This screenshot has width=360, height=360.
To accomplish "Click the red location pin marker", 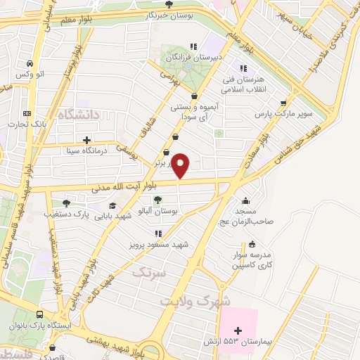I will pos(181,165).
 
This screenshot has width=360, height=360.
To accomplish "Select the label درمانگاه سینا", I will pos(85,150).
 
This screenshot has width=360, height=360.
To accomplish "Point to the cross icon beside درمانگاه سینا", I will pos(86,139).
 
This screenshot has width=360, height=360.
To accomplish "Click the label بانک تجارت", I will pos(27,124).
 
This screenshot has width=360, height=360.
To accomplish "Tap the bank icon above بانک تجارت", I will pos(27,113).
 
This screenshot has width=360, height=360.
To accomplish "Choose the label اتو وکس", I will pos(31,74).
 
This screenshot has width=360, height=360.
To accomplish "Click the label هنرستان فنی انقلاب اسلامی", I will pos(243,85).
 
